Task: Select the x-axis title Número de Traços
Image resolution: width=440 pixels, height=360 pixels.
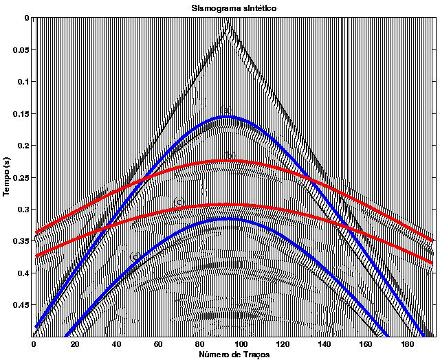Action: pos(236,354)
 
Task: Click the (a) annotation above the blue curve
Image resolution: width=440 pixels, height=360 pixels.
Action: pos(225,110)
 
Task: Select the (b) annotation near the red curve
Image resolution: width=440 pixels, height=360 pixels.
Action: pos(230,155)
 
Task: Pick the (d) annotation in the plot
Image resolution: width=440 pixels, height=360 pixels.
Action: pos(135,256)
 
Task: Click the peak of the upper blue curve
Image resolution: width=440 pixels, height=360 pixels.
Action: pos(227,117)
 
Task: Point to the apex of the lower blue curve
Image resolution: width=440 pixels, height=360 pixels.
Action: pos(227,219)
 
